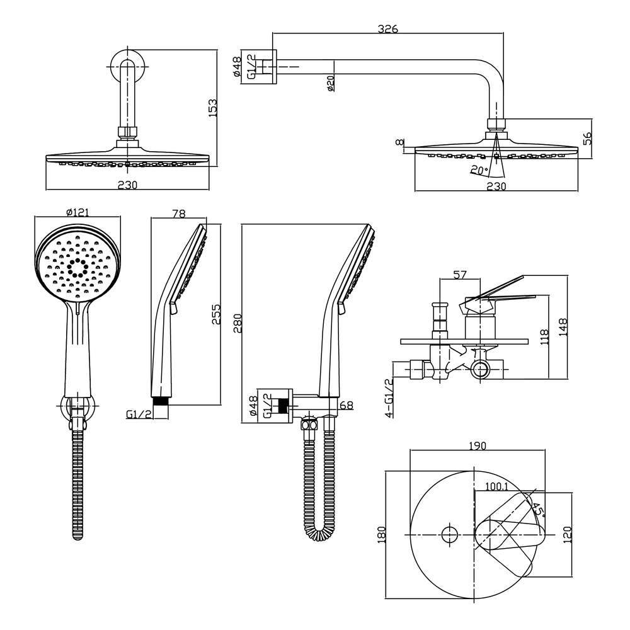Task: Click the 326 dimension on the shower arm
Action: point(387,29)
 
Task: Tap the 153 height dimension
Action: point(213,107)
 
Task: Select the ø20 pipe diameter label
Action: point(330,83)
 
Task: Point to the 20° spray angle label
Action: point(479,169)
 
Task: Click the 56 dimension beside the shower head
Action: point(587,139)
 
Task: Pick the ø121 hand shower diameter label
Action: point(77,213)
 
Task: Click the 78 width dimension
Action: point(178,214)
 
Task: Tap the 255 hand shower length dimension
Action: point(216,313)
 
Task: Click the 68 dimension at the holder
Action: point(346,405)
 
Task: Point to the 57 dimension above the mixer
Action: point(460,275)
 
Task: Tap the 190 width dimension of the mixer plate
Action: point(477,446)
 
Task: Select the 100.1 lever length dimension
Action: point(497,486)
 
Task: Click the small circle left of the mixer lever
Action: point(449,534)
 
